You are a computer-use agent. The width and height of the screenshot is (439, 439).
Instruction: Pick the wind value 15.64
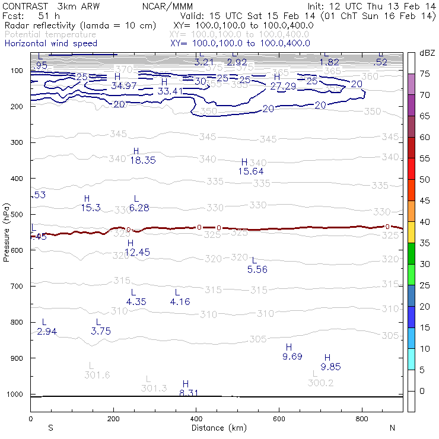(x=251, y=171)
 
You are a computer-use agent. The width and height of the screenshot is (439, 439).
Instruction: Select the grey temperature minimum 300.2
(x=321, y=383)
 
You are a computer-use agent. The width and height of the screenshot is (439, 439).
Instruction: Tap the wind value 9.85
(x=330, y=367)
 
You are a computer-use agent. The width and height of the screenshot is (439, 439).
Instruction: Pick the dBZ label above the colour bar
(x=427, y=53)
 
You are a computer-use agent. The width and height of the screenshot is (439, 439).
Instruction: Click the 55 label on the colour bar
(x=425, y=159)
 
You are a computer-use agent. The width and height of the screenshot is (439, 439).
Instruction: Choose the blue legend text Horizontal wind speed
(x=50, y=43)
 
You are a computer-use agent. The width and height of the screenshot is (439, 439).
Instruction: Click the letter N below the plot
(x=393, y=428)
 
